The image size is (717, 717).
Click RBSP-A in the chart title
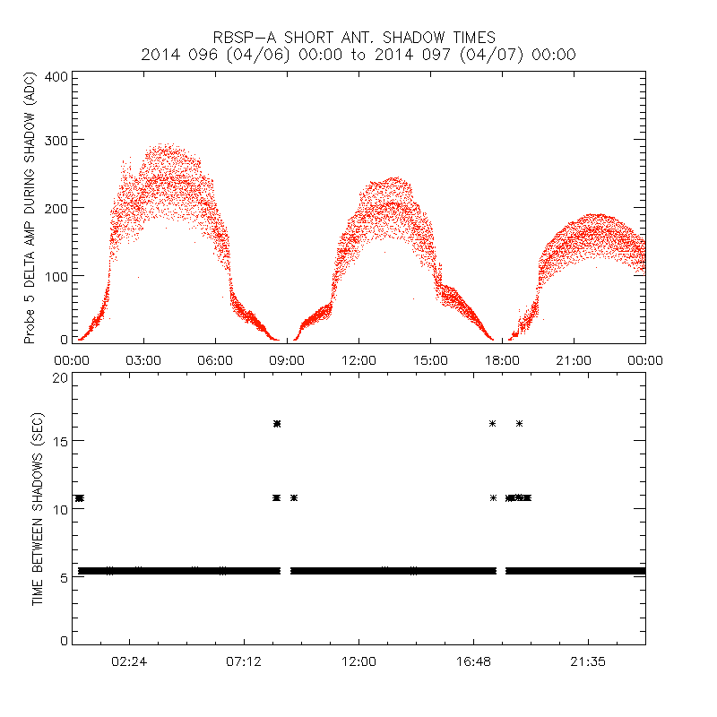coord(241,38)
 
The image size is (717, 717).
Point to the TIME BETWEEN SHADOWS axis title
coord(38,508)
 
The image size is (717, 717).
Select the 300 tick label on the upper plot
coord(56,140)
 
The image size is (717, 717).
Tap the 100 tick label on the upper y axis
coord(56,275)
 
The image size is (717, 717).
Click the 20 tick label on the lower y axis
coord(59,377)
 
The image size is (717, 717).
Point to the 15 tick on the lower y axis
coord(59,441)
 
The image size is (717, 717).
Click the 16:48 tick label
coord(473,661)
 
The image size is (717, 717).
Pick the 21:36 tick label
coord(588,661)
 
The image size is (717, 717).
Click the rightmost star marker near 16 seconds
coord(519,423)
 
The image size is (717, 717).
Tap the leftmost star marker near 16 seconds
coord(276,423)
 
